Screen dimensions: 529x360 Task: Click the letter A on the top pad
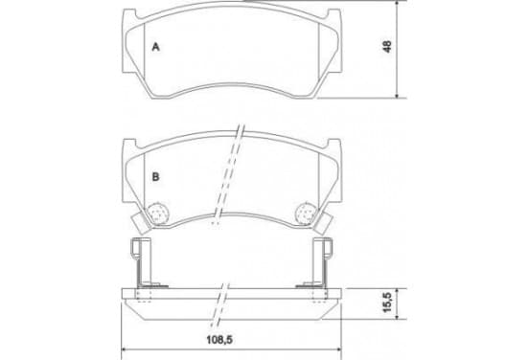[x=155, y=47]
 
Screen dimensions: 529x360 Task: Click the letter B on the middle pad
[x=155, y=176]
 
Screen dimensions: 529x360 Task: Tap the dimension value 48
[x=387, y=46]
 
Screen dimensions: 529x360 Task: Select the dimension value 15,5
[x=387, y=303]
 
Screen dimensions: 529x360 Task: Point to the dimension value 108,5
[x=219, y=340]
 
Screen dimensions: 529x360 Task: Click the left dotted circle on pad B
[x=157, y=214]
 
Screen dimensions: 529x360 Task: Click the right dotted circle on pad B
[x=306, y=214]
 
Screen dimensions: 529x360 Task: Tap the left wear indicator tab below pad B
[x=140, y=224]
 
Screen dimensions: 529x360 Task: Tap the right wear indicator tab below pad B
[x=324, y=224]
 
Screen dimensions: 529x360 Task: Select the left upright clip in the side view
[x=140, y=263]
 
